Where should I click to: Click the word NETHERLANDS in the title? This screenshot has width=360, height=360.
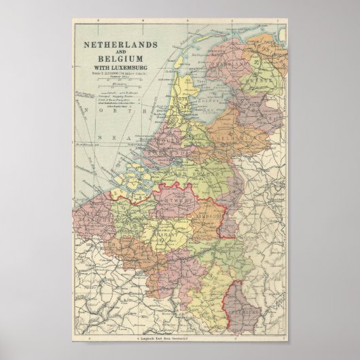point(120,45)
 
